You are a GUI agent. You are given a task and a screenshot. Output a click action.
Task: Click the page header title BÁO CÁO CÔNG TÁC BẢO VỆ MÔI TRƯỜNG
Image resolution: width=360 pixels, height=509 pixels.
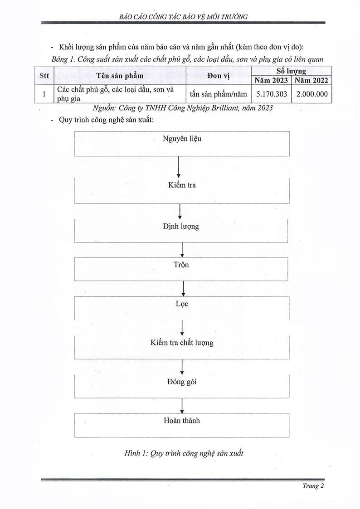point(180,17)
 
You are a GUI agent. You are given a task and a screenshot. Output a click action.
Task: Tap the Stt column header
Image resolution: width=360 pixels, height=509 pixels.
point(44,76)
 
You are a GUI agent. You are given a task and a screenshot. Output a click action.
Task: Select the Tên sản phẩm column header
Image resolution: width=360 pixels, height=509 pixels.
point(120,76)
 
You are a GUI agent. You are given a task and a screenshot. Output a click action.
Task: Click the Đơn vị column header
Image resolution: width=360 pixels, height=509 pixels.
point(218,76)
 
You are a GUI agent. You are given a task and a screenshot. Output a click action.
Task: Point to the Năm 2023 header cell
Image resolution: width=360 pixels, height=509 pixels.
point(271,81)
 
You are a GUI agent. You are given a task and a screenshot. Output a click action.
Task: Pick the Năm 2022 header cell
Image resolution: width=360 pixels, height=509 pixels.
point(311,81)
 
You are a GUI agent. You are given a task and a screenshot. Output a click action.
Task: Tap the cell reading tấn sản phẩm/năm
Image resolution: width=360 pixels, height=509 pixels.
point(218,94)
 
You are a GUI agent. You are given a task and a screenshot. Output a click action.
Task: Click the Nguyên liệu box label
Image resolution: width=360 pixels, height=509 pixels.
point(182,139)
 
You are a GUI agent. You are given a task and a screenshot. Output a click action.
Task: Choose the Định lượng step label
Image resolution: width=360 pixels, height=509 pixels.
point(181,226)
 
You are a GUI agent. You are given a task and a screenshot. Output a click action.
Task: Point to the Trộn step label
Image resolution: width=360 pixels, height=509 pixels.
point(181,264)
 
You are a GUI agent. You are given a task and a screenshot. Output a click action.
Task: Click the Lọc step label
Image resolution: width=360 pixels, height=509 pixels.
point(182,304)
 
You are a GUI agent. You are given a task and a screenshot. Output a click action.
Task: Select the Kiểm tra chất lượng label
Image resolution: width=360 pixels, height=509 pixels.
point(181,343)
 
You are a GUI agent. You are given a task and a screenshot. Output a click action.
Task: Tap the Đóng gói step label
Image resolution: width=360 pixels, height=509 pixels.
point(181,382)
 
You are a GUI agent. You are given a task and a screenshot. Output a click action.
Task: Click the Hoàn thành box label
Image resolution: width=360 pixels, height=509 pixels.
point(181,421)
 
